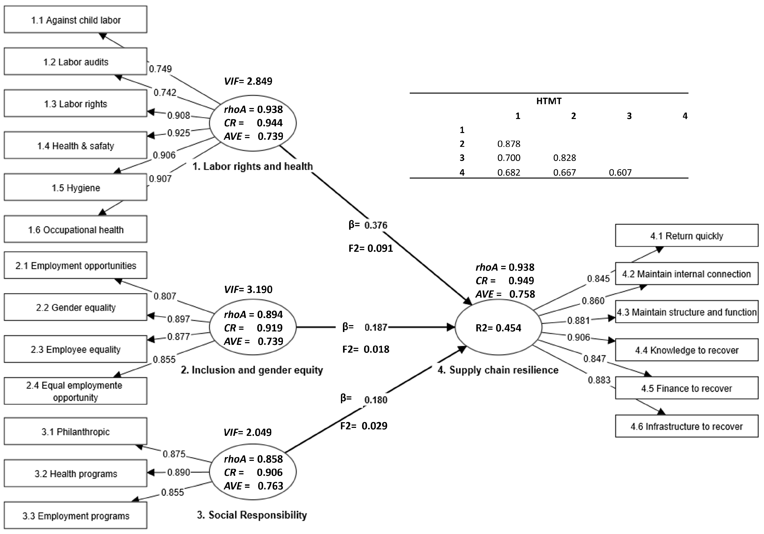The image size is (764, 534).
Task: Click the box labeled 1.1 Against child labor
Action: (x=76, y=20)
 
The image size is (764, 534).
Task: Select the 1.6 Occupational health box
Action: (x=76, y=230)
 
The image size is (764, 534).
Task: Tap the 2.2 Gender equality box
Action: (x=76, y=307)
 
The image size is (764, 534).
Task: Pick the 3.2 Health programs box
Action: (x=76, y=473)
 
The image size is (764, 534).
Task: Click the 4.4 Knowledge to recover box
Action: (x=686, y=350)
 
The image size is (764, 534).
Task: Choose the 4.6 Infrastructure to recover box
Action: (x=686, y=426)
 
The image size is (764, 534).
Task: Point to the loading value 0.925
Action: (x=179, y=133)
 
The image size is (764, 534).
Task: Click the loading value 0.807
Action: (x=165, y=296)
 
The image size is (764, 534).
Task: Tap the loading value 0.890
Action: (x=179, y=472)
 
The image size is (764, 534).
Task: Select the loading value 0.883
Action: (x=599, y=380)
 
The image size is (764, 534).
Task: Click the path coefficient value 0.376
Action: (x=376, y=225)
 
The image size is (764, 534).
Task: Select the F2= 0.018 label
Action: (x=366, y=349)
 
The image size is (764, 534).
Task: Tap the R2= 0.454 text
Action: (x=498, y=328)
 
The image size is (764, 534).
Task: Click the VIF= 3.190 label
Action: (x=248, y=289)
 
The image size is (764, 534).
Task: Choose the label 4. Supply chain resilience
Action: (x=498, y=370)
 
